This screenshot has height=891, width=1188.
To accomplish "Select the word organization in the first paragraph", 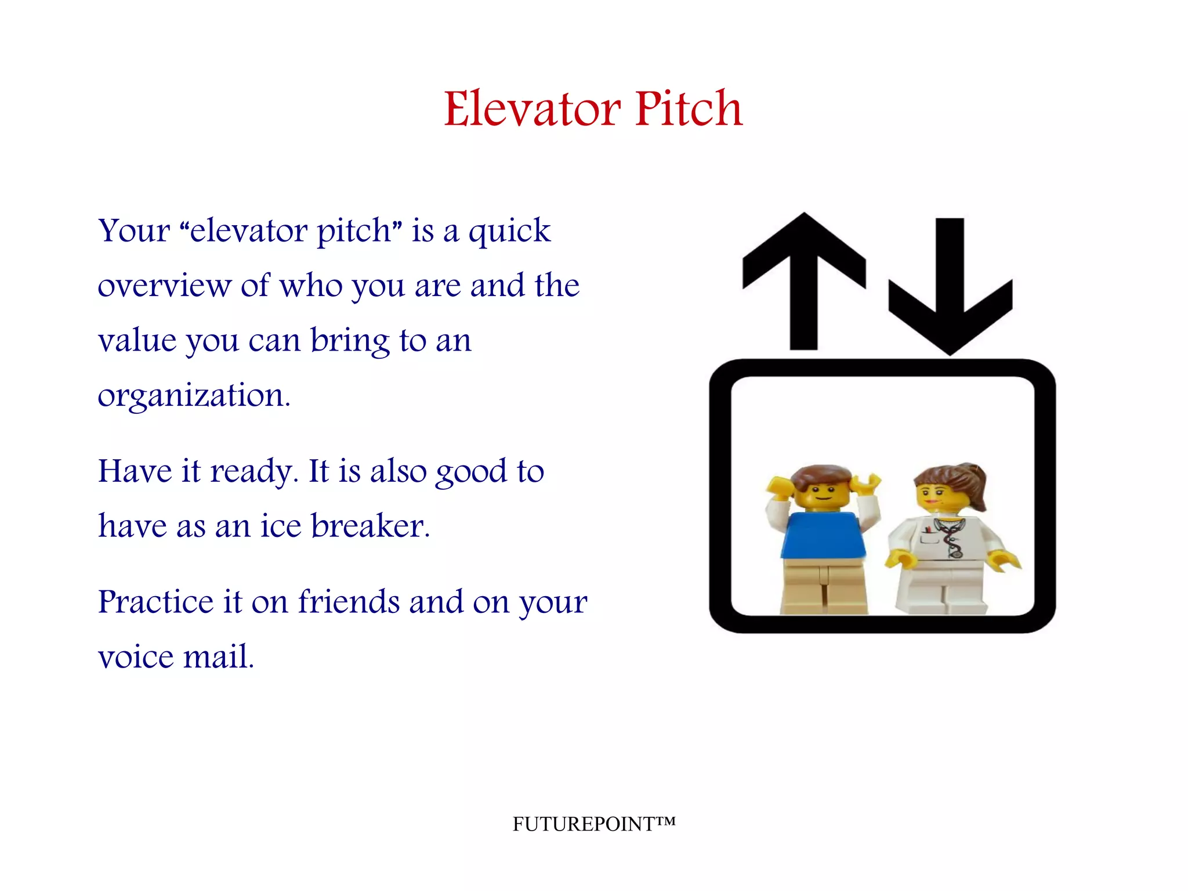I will pos(194,396).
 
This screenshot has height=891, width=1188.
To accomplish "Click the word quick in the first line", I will pos(509,232).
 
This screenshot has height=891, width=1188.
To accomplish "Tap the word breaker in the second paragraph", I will pos(370,526).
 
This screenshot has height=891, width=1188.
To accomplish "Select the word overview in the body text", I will pos(164,286).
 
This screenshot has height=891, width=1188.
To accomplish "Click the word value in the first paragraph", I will pos(137,341).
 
